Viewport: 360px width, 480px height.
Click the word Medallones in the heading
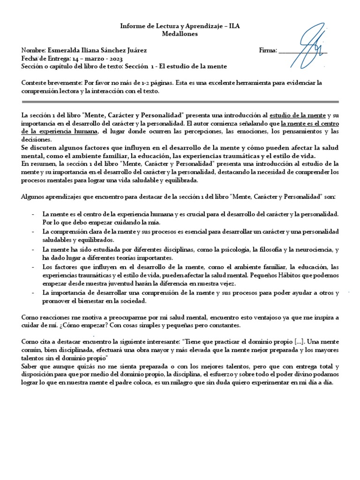(x=180, y=34)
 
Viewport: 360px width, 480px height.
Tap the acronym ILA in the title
(x=232, y=27)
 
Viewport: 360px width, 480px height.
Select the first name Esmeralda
(x=65, y=50)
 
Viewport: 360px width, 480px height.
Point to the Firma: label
(x=268, y=50)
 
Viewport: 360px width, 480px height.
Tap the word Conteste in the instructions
(x=34, y=83)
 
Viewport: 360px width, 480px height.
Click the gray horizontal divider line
(x=180, y=102)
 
